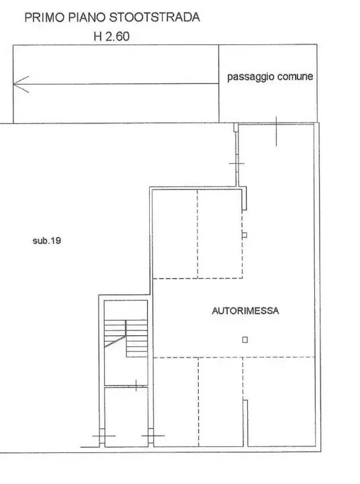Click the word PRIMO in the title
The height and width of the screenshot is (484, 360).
tap(44, 18)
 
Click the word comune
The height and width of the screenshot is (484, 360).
tap(292, 77)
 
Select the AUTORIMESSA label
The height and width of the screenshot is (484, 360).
tap(245, 311)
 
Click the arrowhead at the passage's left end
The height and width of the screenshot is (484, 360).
tap(18, 84)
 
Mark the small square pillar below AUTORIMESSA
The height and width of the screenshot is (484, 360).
tap(245, 339)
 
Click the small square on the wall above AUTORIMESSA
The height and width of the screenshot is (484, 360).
tap(244, 235)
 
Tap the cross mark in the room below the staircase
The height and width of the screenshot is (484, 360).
tap(136, 386)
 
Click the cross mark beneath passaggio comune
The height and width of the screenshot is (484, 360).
tap(277, 130)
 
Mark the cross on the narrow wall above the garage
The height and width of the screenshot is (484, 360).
tap(236, 163)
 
